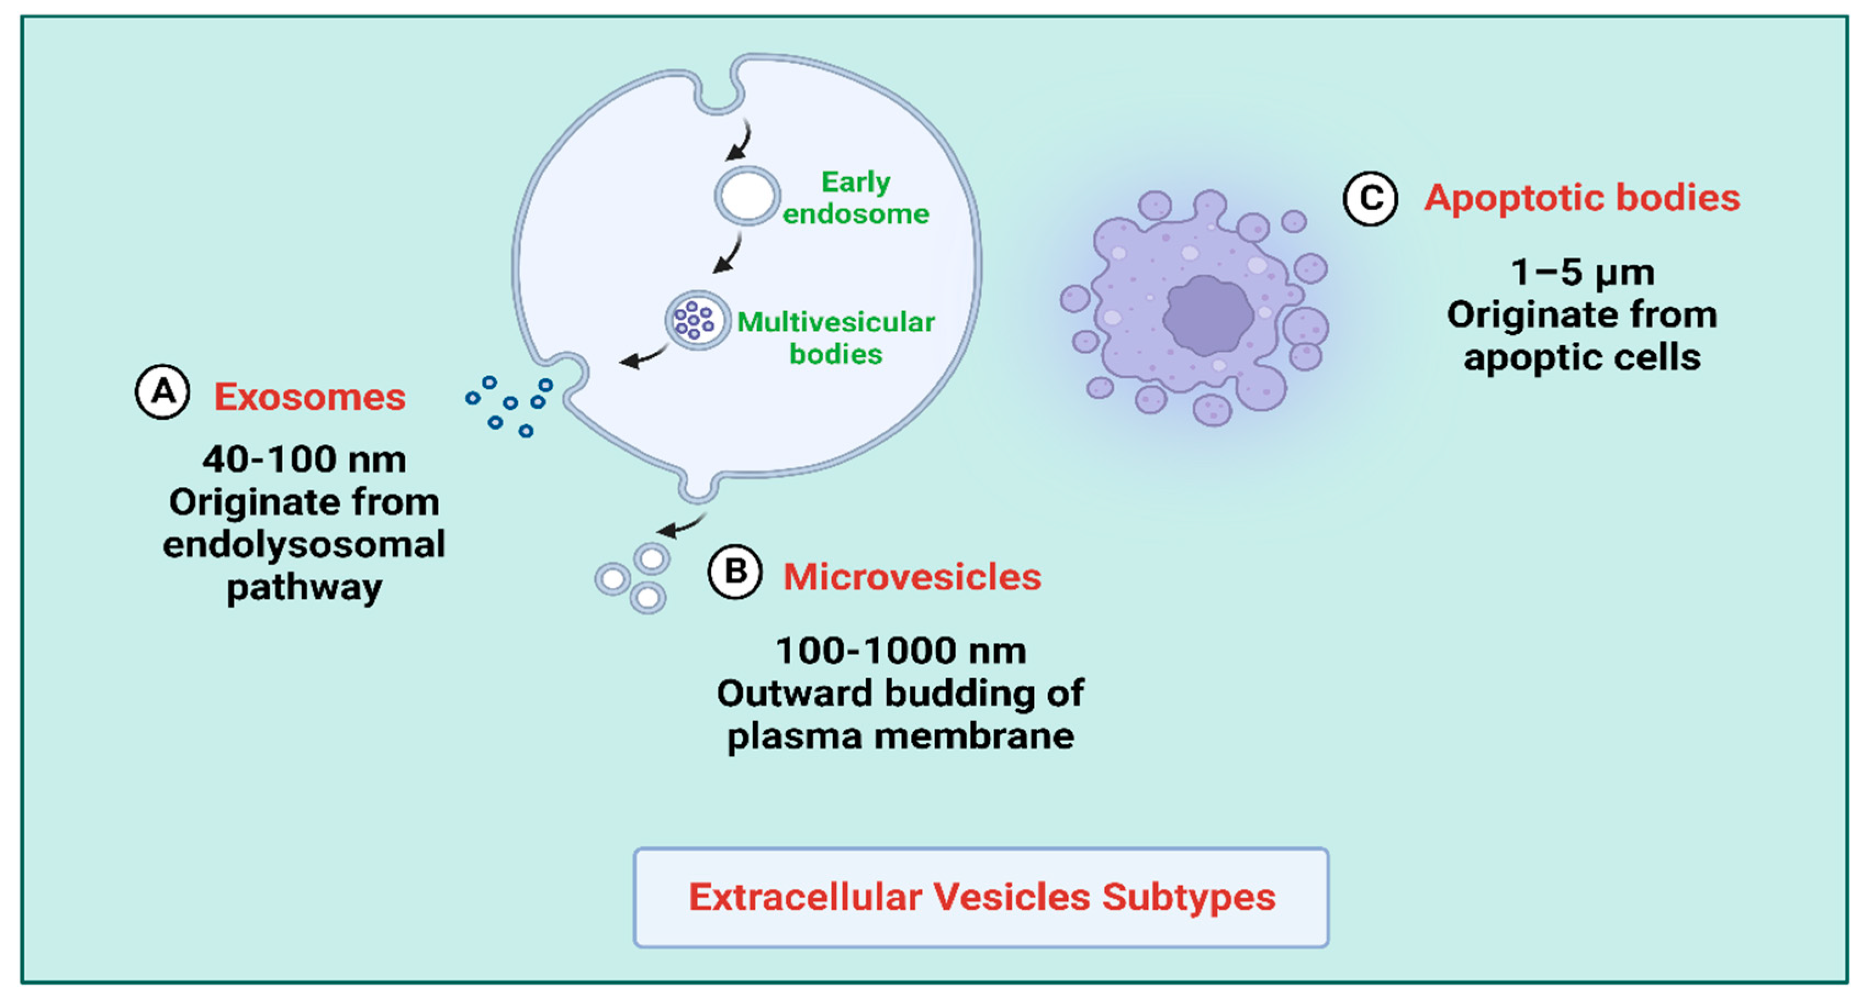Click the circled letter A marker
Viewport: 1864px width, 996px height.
click(x=163, y=392)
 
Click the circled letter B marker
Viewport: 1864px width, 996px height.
click(x=734, y=572)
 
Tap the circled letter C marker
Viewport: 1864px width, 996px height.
click(x=1370, y=198)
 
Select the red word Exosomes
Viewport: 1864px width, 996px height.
click(x=309, y=397)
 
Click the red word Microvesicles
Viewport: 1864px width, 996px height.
click(x=912, y=577)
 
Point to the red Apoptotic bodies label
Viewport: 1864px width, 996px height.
click(x=1582, y=198)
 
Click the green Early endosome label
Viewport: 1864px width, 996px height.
click(x=855, y=198)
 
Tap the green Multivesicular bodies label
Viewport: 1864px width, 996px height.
click(x=835, y=337)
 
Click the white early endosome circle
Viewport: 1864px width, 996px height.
click(x=747, y=195)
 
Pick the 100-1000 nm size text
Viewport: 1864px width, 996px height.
click(x=900, y=651)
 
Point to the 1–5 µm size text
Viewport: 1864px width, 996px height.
click(x=1582, y=273)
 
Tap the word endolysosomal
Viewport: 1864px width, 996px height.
click(x=304, y=544)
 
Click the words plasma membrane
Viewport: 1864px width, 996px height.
click(x=900, y=736)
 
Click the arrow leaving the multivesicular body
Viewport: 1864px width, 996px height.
click(x=643, y=356)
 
